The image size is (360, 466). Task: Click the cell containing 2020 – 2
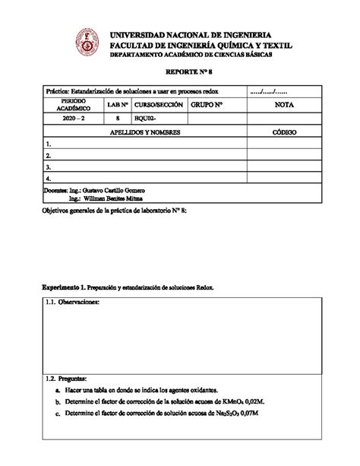coord(74,119)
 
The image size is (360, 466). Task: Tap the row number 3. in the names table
coord(49,166)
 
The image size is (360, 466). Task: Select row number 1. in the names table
coord(49,143)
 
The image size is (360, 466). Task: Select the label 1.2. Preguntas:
coord(67,378)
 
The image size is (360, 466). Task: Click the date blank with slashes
coord(270,91)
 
